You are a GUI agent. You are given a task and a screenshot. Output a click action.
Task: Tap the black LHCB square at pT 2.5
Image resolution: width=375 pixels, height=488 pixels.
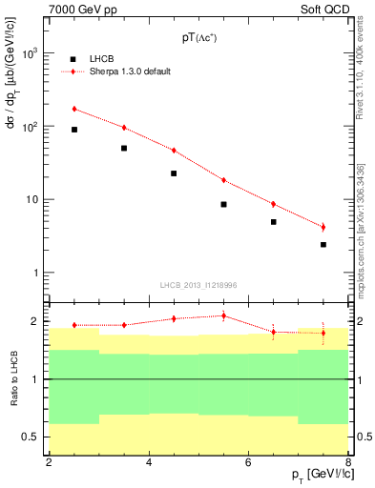74,130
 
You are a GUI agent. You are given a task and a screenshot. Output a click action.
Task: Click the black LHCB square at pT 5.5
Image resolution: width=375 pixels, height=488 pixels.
223,204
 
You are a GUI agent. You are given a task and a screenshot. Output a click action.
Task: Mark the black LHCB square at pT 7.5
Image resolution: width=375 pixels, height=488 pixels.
323,245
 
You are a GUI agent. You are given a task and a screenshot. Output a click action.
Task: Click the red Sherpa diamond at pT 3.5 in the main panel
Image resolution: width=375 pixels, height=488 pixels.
124,128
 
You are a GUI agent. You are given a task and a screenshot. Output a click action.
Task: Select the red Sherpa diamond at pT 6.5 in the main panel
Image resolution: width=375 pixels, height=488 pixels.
273,204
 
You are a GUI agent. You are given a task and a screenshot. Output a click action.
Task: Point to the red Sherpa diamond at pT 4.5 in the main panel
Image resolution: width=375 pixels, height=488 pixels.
174,151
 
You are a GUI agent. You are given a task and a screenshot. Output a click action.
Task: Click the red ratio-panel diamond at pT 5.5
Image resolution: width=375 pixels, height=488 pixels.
223,315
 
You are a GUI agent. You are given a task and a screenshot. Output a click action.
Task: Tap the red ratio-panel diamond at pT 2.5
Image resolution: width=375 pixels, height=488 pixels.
74,325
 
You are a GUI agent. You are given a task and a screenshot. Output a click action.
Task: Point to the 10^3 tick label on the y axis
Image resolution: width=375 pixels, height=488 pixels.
31,53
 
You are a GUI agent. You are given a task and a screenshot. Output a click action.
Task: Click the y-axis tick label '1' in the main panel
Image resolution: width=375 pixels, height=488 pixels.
36,274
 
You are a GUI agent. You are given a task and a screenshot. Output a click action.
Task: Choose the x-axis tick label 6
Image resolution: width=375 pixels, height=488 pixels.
248,462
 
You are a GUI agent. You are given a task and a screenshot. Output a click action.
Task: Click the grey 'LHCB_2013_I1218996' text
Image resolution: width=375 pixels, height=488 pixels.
198,285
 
